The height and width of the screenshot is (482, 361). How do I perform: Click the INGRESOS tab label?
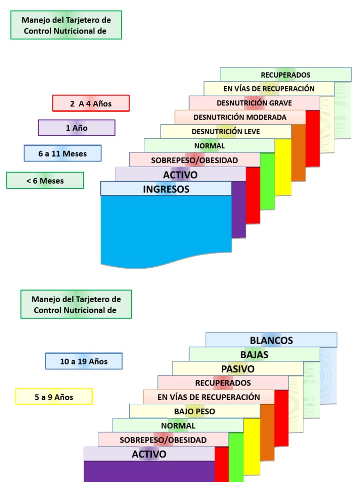(x=166, y=189)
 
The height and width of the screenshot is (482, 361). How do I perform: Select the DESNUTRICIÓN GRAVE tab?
(x=254, y=103)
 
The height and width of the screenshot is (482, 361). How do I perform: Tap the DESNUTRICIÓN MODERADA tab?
(x=240, y=117)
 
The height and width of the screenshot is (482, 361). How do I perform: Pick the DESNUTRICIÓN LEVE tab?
(x=226, y=132)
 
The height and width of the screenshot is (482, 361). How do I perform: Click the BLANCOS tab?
(x=271, y=340)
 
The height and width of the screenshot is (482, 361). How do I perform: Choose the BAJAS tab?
(x=254, y=354)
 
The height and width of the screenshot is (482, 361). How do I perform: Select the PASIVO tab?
(x=238, y=369)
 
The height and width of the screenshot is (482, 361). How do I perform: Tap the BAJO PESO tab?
(x=195, y=411)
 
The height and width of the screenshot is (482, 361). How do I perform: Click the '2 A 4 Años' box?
(x=91, y=103)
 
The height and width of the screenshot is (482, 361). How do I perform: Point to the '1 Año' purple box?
(x=77, y=128)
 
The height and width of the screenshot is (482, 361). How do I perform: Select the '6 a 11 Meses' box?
(x=63, y=153)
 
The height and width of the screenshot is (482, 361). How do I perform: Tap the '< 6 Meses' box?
(x=45, y=180)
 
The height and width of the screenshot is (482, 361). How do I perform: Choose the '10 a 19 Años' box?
(x=84, y=361)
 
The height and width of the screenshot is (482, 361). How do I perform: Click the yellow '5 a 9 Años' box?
(x=54, y=397)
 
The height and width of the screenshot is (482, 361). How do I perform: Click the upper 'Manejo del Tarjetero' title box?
(x=66, y=25)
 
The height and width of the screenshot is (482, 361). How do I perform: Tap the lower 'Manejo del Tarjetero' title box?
(x=76, y=305)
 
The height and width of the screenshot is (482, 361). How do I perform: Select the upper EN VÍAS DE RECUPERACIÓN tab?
(x=269, y=88)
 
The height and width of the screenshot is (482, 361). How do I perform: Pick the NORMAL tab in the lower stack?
(x=178, y=426)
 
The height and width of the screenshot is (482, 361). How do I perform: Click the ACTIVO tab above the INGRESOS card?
(x=180, y=174)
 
